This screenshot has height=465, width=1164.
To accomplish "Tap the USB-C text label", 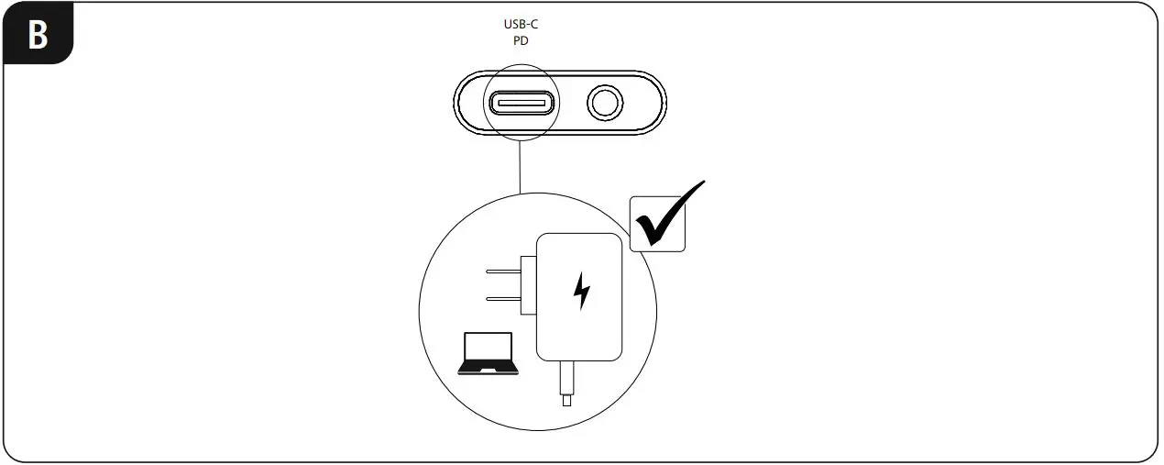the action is point(519,26).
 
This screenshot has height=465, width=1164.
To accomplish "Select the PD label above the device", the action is point(519,41).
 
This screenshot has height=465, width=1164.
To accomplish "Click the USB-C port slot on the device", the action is point(519,102).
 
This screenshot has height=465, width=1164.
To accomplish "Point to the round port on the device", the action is point(603,103).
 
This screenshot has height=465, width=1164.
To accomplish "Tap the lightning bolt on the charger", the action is point(581,292).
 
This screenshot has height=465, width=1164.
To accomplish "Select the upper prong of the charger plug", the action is point(503,271).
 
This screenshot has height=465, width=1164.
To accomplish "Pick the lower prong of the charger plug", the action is point(503,298).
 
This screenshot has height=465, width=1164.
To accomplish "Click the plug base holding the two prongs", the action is point(527,284).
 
